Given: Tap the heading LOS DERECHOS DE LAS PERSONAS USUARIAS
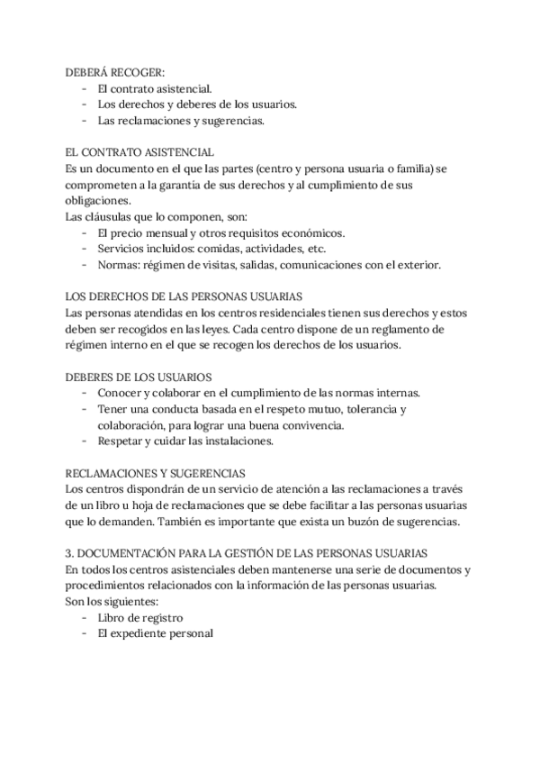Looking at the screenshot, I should pos(184,296).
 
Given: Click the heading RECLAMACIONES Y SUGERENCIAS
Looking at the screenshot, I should pos(157,472).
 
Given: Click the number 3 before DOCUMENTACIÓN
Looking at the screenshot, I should pos(70,553).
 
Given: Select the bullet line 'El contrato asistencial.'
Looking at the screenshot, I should pos(155,88).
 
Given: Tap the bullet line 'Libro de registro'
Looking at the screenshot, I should pos(140,617).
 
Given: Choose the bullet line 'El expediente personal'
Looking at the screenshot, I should pos(155,633).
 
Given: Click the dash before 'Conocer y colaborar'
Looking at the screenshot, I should pos(84,393).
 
